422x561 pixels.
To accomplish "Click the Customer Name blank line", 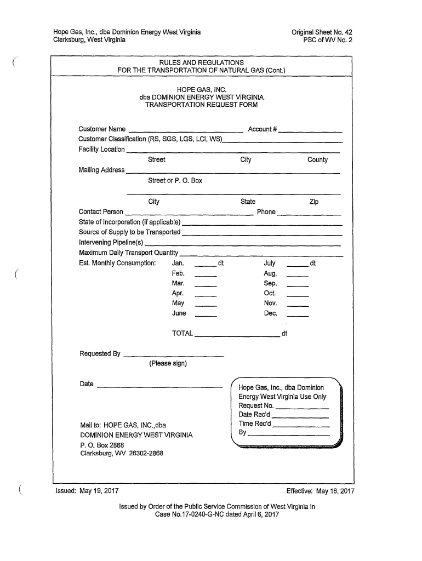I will click(185, 131).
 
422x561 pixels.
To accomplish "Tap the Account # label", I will click(263, 129).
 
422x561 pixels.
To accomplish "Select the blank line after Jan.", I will click(206, 266).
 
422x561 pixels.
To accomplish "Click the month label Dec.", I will click(271, 313).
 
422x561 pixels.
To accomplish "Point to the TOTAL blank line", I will click(237, 336).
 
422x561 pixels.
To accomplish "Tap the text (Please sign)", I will click(168, 364).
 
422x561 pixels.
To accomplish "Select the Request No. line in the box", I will click(302, 409).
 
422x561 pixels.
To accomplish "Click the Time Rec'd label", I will click(255, 423).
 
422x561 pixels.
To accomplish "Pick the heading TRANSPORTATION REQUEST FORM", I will click(201, 104).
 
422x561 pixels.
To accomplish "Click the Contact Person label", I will click(101, 212).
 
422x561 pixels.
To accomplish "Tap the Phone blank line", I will click(310, 214).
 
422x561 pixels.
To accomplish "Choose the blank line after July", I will click(298, 266).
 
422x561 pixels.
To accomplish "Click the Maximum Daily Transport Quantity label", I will click(128, 253).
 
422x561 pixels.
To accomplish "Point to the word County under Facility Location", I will click(317, 160).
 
